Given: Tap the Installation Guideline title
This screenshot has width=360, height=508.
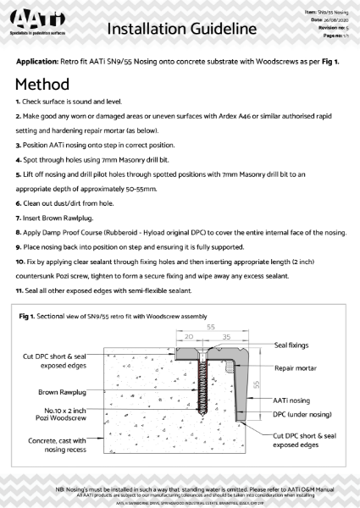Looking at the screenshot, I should pos(181,30).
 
